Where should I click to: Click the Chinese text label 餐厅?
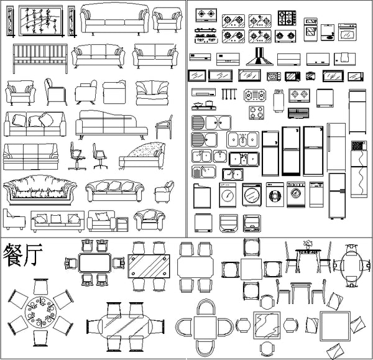(22, 254)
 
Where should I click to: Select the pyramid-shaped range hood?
(259, 57)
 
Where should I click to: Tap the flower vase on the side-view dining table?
(308, 245)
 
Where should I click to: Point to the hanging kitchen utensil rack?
(229, 94)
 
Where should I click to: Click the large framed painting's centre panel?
(40, 21)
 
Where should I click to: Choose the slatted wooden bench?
(40, 58)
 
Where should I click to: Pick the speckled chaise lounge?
(142, 156)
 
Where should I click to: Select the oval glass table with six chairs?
(126, 326)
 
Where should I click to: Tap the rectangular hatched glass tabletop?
(149, 266)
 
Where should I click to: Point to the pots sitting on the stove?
(204, 104)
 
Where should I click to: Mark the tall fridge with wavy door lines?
(359, 169)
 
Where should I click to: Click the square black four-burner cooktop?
(287, 18)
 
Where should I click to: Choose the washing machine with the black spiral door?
(275, 195)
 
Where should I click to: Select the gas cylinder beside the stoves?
(279, 101)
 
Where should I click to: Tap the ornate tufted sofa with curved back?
(40, 190)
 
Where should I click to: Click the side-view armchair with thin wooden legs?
(164, 127)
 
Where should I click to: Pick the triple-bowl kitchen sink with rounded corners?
(242, 140)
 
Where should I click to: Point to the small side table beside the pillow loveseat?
(122, 224)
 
